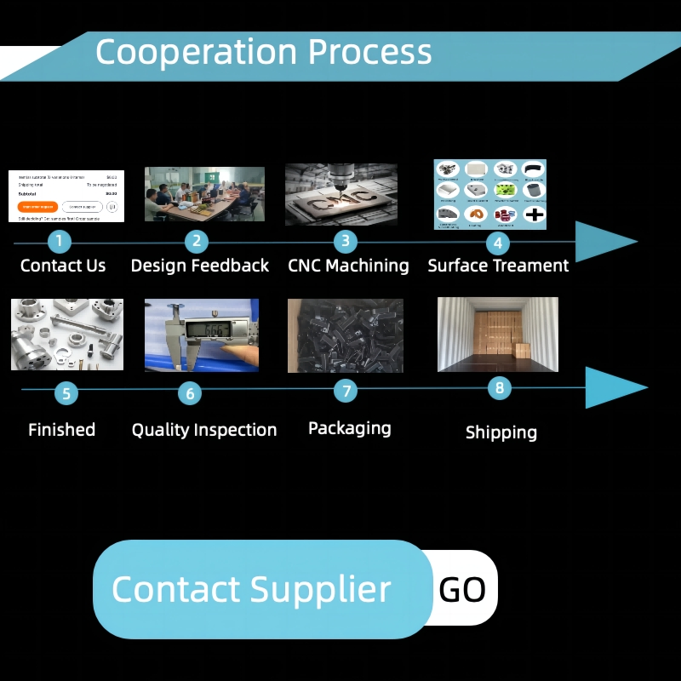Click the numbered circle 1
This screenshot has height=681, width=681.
[x=59, y=241]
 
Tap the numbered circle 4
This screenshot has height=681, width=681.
[x=498, y=243]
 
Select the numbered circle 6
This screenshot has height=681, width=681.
[x=190, y=393]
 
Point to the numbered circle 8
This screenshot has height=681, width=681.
[x=500, y=388]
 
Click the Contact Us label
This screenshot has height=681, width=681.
[x=63, y=266]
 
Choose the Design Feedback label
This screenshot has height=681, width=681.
[x=200, y=266]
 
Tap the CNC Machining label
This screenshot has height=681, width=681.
[x=348, y=266]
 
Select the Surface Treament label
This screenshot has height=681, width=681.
[x=498, y=266]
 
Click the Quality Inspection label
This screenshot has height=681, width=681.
[x=204, y=430]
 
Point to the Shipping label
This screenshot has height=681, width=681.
[x=501, y=432]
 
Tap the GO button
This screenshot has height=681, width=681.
[x=463, y=589]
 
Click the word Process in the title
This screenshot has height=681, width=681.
[x=369, y=52]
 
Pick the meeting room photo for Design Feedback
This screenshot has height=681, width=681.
[x=204, y=194]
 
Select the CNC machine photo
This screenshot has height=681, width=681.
[x=341, y=194]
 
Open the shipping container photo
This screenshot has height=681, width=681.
[x=498, y=334]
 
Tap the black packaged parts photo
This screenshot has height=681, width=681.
[x=345, y=335]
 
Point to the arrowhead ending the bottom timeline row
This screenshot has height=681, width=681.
[x=615, y=388]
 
